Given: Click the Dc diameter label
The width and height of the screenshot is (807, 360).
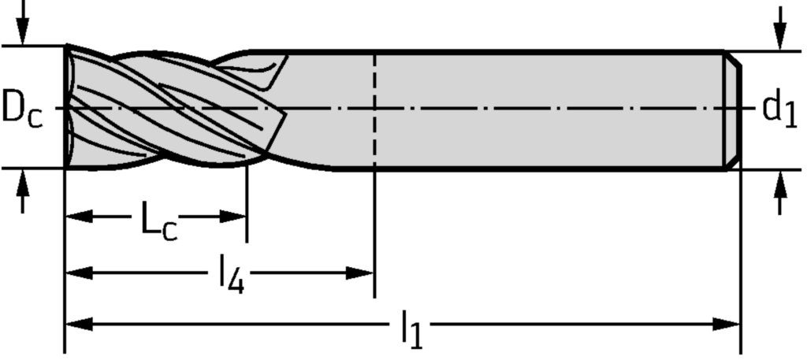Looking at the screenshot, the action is pyautogui.click(x=22, y=109).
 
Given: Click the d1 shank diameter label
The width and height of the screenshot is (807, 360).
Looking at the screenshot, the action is pyautogui.click(x=779, y=109).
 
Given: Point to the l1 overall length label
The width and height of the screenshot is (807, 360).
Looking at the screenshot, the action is pyautogui.click(x=411, y=329).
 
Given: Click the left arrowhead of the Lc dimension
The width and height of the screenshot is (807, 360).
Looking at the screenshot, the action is pyautogui.click(x=79, y=217).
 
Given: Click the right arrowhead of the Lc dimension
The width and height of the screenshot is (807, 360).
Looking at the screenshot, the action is pyautogui.click(x=233, y=217).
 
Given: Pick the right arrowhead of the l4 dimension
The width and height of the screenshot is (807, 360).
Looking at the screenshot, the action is pyautogui.click(x=359, y=273).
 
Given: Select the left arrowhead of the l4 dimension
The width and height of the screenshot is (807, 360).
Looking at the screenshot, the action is pyautogui.click(x=79, y=273).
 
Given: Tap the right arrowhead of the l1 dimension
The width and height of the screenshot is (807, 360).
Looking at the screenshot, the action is pyautogui.click(x=726, y=325).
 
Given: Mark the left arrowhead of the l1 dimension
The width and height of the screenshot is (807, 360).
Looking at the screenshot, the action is pyautogui.click(x=79, y=325).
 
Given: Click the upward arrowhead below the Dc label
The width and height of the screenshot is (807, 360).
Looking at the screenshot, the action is pyautogui.click(x=22, y=183).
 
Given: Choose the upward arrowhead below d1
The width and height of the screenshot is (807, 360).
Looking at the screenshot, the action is pyautogui.click(x=781, y=184).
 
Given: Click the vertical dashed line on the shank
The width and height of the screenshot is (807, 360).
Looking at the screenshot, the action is pyautogui.click(x=374, y=110).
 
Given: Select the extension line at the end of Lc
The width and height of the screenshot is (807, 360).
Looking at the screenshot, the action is pyautogui.click(x=247, y=204).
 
